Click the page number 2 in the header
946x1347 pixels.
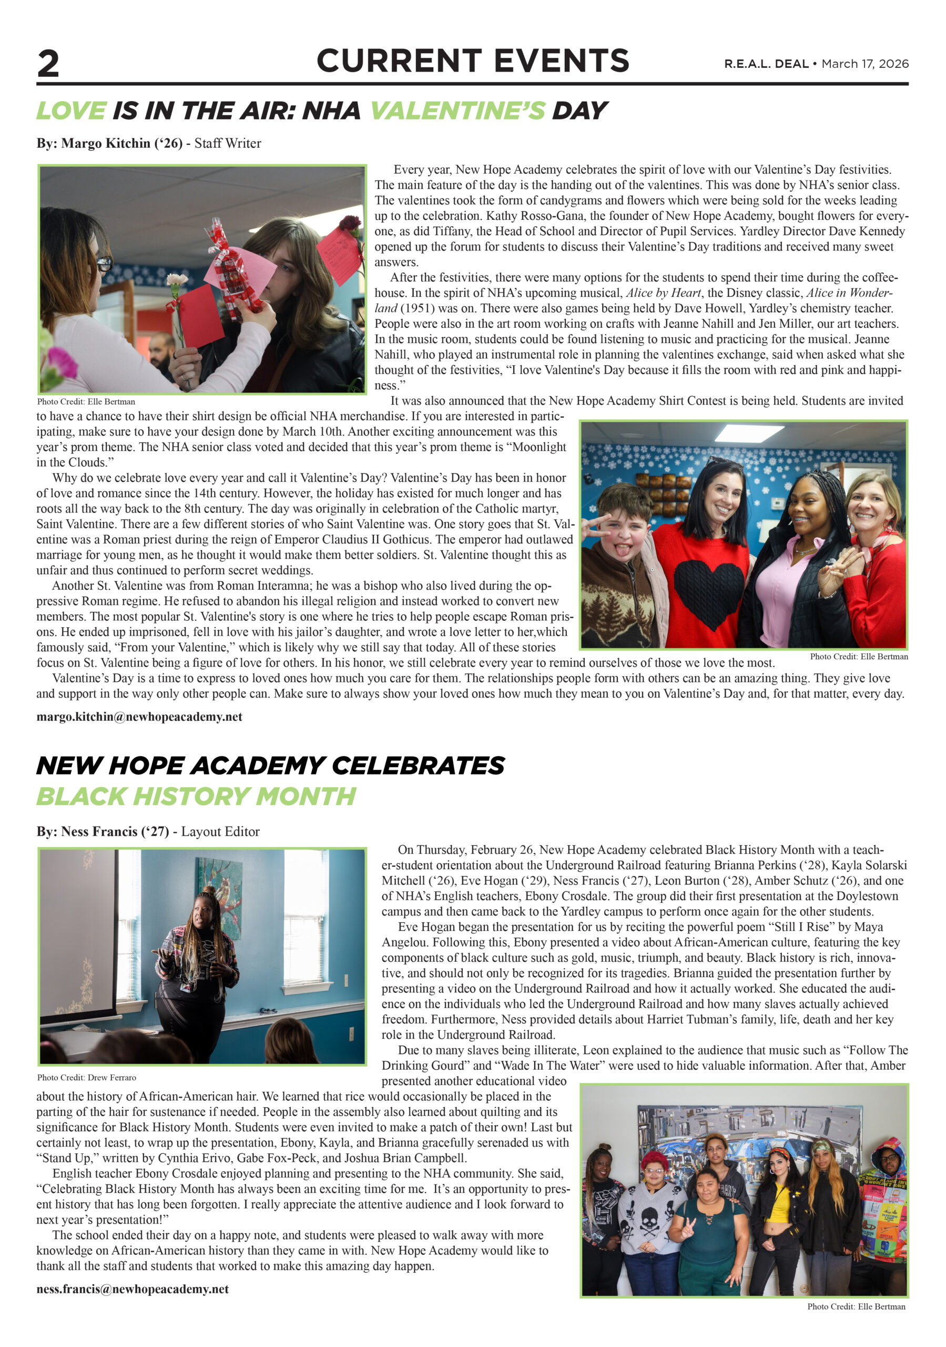[48, 63]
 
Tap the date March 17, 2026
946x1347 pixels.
[864, 64]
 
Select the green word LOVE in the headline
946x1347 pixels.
[72, 111]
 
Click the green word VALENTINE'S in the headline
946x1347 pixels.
[457, 111]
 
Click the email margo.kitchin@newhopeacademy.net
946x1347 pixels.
[139, 716]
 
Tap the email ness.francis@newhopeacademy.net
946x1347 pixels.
[133, 1289]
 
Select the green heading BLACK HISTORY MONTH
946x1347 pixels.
[196, 796]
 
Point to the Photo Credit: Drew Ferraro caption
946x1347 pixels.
[86, 1077]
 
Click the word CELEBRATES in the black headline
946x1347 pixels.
[418, 766]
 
